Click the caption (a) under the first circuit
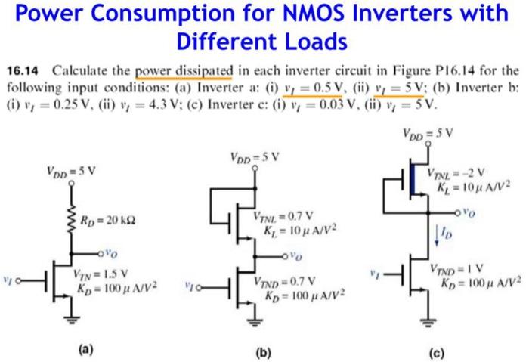(87, 348)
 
